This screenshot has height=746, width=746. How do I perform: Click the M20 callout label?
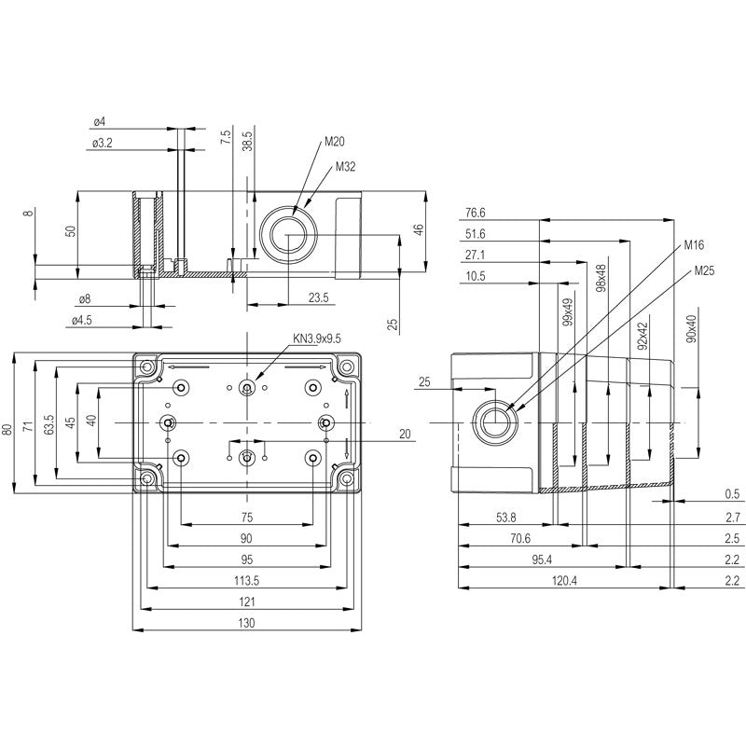[334, 143]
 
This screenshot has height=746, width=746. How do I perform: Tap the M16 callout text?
[693, 245]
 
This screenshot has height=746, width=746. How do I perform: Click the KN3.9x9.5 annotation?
[317, 339]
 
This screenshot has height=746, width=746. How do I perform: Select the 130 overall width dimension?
[246, 622]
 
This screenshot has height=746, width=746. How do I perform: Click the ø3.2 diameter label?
[104, 143]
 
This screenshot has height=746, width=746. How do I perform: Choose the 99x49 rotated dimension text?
[567, 312]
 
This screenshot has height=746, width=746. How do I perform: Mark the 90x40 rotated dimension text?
[691, 329]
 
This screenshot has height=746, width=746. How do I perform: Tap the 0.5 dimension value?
[732, 494]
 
